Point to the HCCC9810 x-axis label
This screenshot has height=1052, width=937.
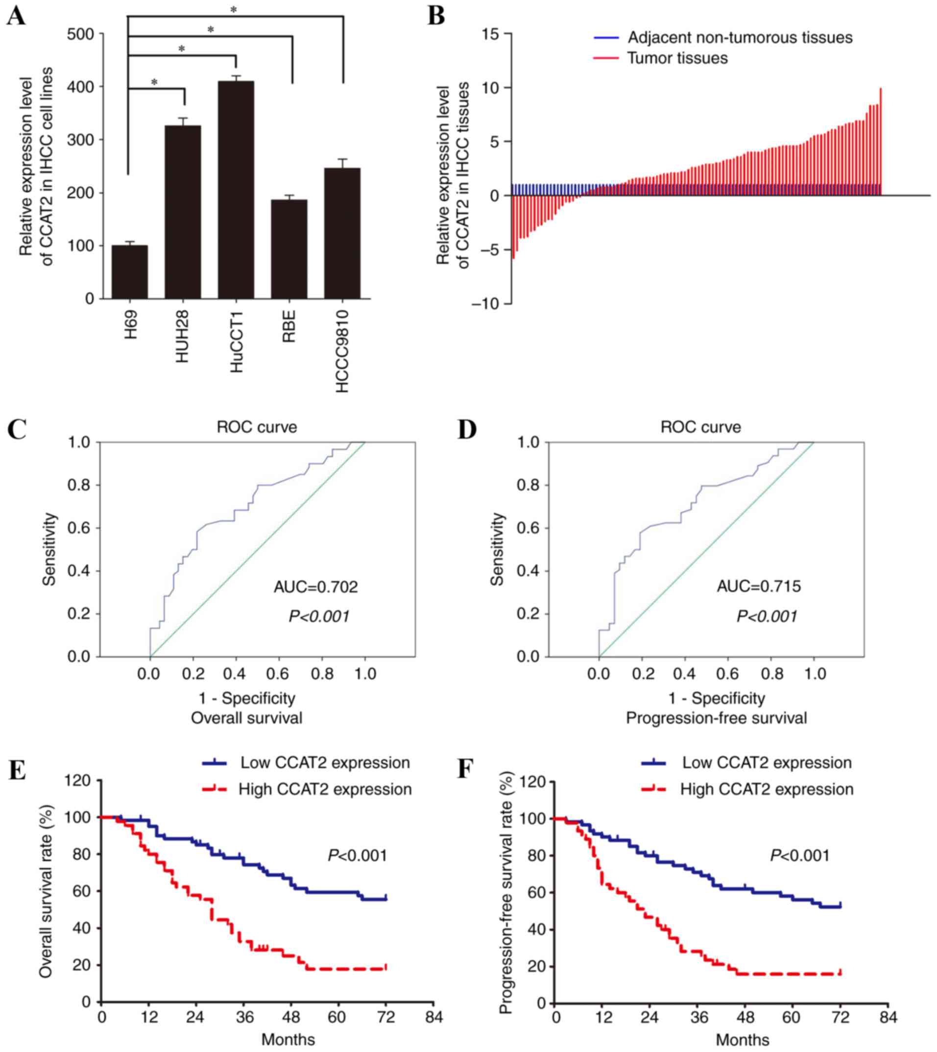(342, 351)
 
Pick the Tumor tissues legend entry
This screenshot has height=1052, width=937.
(677, 58)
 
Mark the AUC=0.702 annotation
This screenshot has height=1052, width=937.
(315, 587)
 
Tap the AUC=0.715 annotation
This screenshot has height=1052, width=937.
(759, 586)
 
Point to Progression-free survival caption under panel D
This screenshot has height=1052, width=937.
(716, 718)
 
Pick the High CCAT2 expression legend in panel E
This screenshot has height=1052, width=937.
(324, 789)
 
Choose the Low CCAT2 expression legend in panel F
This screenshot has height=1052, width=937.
(767, 763)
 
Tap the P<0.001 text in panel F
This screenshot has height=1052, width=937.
(799, 855)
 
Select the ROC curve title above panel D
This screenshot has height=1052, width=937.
(701, 427)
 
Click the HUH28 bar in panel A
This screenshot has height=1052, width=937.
(183, 211)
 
